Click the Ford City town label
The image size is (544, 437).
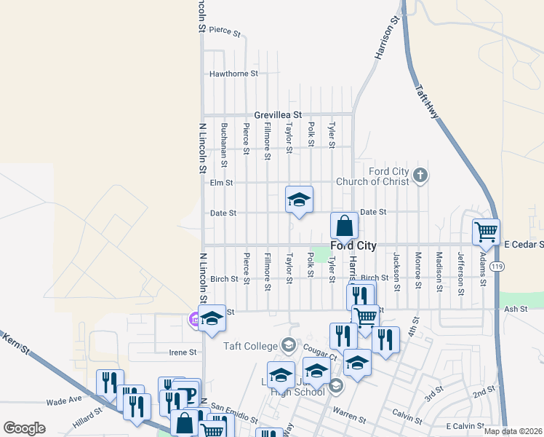pyautogui.click(x=353, y=246)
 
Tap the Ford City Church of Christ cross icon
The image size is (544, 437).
pyautogui.click(x=420, y=175)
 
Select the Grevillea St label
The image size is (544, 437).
pyautogui.click(x=278, y=115)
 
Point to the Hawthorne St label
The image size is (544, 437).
pyautogui.click(x=233, y=74)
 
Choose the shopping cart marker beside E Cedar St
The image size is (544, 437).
pyautogui.click(x=486, y=232)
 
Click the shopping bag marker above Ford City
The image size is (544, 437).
pyautogui.click(x=344, y=225)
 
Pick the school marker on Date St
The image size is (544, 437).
pyautogui.click(x=298, y=200)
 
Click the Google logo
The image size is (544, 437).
pyautogui.click(x=24, y=428)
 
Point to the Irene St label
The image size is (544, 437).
pyautogui.click(x=183, y=353)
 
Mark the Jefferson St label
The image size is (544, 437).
pyautogui.click(x=460, y=269)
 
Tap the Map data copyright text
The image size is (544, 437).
pyautogui.click(x=513, y=431)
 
